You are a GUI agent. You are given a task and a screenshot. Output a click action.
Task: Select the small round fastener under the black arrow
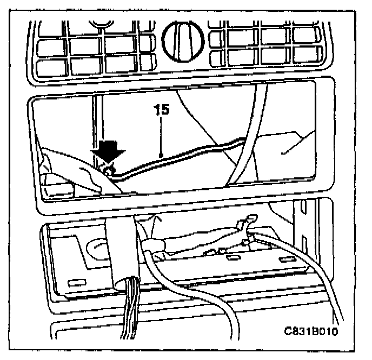tap(108, 171)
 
